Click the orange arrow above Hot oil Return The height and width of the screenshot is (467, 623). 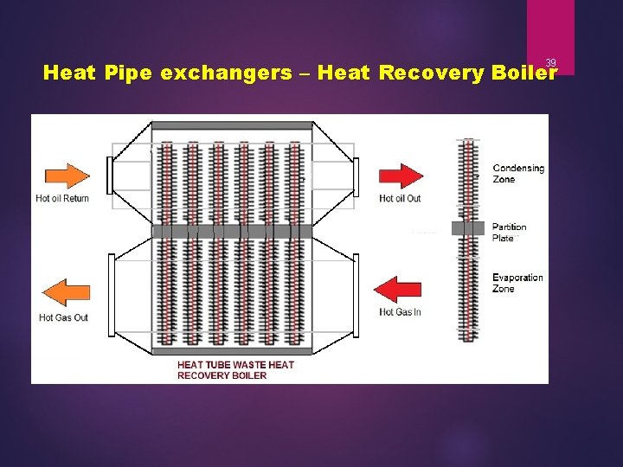[66, 176]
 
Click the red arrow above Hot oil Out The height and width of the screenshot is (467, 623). [401, 176]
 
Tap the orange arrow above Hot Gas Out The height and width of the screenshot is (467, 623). [66, 293]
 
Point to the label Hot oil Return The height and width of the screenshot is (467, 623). [62, 198]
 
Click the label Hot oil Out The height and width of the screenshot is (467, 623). [400, 198]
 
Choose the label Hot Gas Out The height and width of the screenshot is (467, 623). [63, 317]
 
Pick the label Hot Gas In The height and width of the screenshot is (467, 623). [400, 312]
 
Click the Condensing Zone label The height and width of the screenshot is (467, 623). [517, 174]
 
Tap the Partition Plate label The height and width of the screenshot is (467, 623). [510, 233]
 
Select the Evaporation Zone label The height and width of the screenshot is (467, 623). [517, 283]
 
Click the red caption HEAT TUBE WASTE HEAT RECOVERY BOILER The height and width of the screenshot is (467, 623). [235, 370]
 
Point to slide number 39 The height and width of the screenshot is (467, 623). [550, 62]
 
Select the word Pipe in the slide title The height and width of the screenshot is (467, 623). [126, 73]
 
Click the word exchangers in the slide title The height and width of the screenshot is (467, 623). [225, 73]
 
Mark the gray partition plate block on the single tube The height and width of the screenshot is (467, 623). [468, 228]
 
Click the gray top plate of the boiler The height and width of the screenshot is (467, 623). [232, 125]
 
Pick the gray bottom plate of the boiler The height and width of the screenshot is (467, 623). [232, 350]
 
